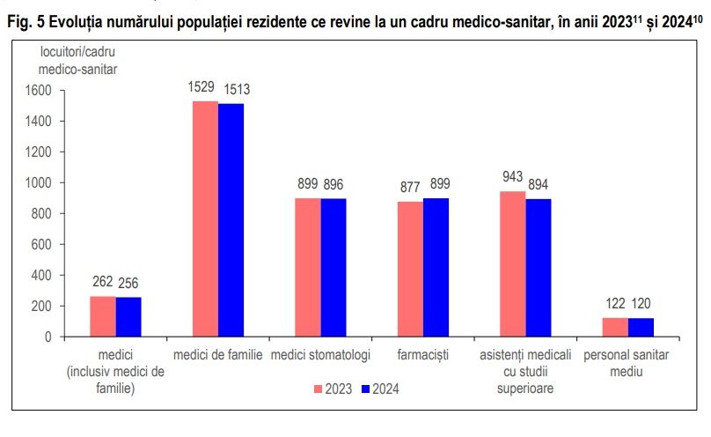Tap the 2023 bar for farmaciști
pyautogui.click(x=410, y=269)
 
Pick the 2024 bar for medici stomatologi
pyautogui.click(x=334, y=267)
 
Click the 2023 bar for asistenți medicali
pyautogui.click(x=513, y=263)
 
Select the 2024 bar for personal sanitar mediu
pyautogui.click(x=641, y=327)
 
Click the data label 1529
pyautogui.click(x=203, y=88)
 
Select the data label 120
pyautogui.click(x=641, y=305)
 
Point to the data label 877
pyautogui.click(x=409, y=188)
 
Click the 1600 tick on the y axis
pyautogui.click(x=40, y=91)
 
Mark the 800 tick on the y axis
pyautogui.click(x=44, y=213)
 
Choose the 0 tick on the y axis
pyautogui.click(x=50, y=337)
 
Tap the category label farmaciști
pyautogui.click(x=422, y=354)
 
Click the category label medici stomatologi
pyautogui.click(x=320, y=354)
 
